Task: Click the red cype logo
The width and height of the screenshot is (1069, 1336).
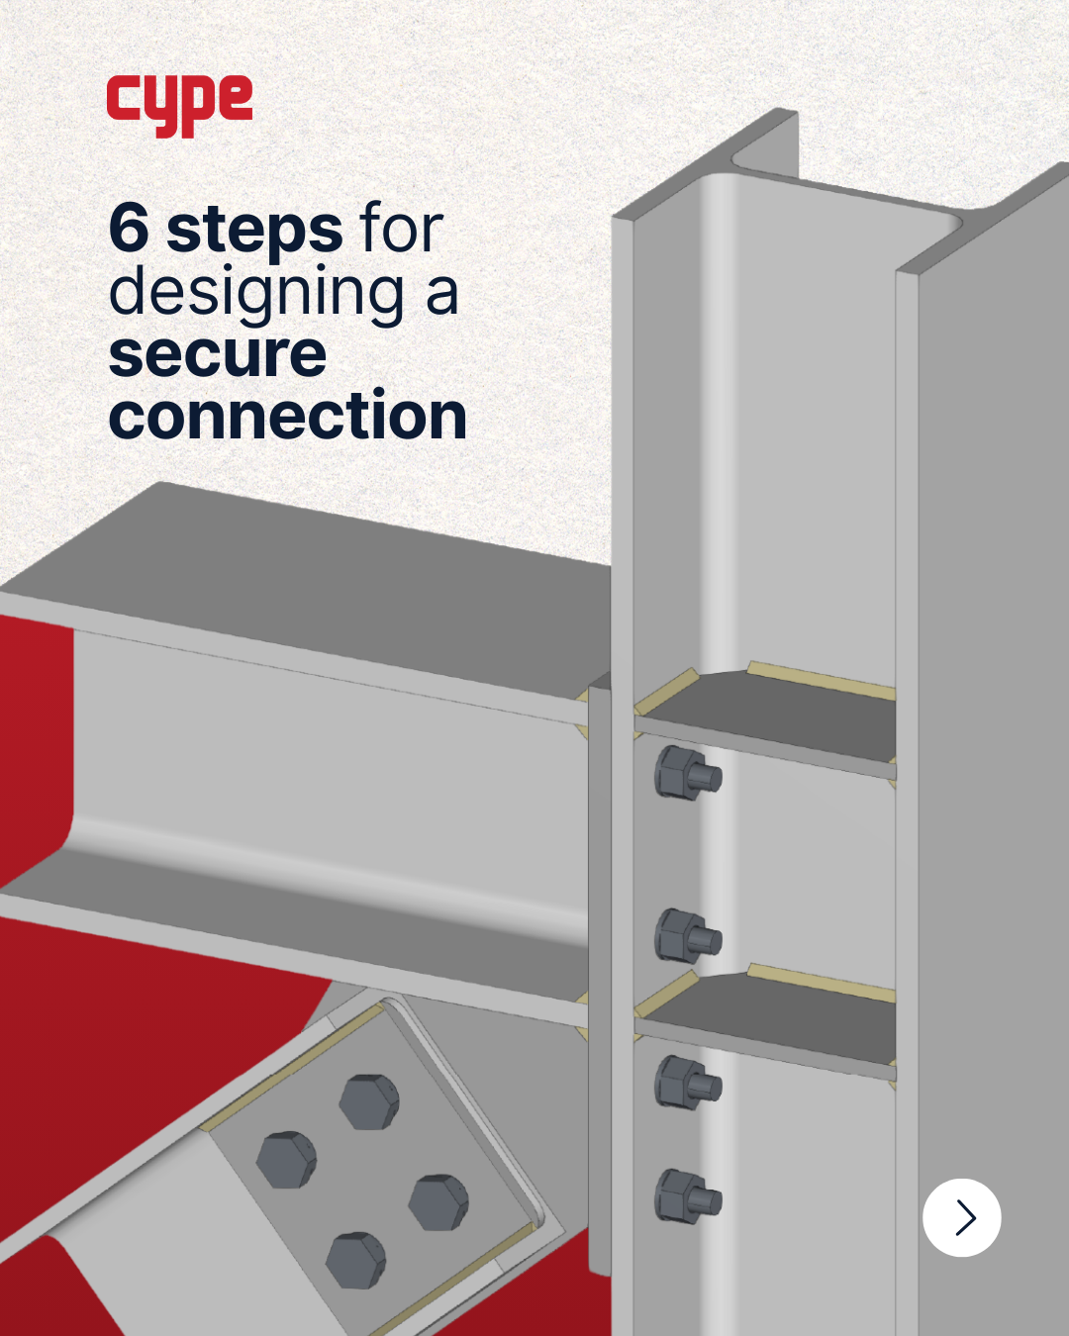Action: pyautogui.click(x=179, y=106)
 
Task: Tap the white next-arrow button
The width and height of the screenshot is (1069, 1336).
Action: pyautogui.click(x=961, y=1217)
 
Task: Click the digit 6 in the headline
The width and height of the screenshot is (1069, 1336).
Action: pyautogui.click(x=130, y=229)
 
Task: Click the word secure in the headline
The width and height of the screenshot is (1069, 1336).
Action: pyautogui.click(x=218, y=355)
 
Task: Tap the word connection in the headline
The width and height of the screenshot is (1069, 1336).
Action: pyautogui.click(x=288, y=413)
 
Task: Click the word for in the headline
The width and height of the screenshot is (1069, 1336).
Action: pyautogui.click(x=401, y=228)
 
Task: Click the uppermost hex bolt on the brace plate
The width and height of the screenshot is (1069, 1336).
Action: pyautogui.click(x=369, y=1101)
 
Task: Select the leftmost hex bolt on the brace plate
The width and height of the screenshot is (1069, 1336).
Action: pyautogui.click(x=286, y=1160)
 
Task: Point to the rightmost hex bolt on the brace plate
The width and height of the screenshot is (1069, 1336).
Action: pyautogui.click(x=438, y=1202)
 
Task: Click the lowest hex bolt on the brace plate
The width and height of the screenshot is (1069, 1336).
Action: pyautogui.click(x=356, y=1260)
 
